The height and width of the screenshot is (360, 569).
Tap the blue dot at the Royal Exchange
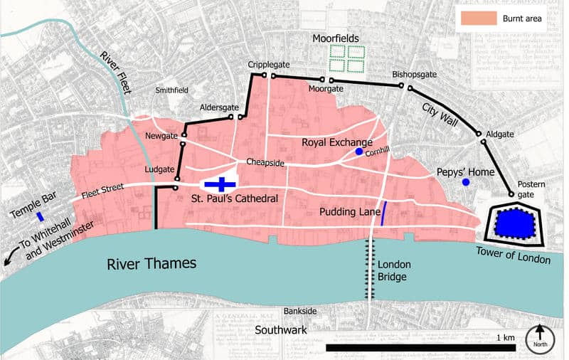click(359, 152)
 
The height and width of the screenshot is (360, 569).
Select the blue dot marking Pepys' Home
click(466, 183)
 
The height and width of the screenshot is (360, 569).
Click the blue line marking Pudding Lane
click(384, 213)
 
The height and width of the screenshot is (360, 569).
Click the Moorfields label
click(336, 37)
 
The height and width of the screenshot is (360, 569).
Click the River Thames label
click(151, 264)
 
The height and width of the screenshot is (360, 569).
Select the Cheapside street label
click(265, 163)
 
